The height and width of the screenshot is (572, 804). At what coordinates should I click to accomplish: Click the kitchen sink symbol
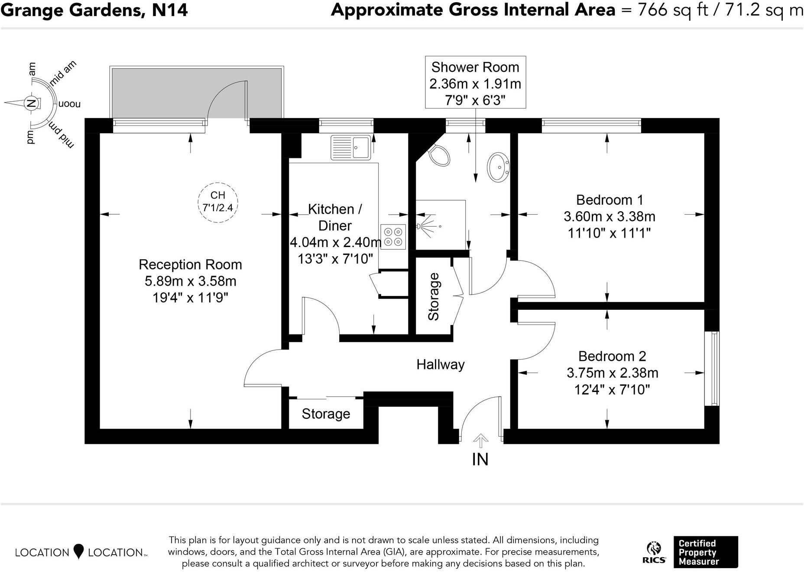(350, 148)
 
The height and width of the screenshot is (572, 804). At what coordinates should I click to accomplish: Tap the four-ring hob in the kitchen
(393, 237)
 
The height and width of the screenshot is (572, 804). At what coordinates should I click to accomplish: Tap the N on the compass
(31, 103)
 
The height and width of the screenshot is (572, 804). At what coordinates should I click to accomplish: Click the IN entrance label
(480, 460)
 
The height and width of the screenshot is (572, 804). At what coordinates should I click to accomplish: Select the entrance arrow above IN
(480, 442)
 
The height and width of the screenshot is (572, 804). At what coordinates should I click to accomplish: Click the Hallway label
(440, 364)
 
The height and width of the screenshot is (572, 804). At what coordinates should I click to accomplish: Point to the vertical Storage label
(434, 297)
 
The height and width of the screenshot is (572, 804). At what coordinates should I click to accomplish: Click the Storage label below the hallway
(326, 414)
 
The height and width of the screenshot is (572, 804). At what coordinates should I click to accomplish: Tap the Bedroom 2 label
(612, 356)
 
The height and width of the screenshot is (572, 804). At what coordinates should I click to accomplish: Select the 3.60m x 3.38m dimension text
(609, 216)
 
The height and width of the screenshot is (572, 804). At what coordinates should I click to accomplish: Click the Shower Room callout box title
(475, 67)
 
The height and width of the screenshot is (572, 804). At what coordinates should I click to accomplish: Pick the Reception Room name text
(190, 264)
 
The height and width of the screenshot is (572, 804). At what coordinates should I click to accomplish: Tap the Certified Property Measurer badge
(705, 552)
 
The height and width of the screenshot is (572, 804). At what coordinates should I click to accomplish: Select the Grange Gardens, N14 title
(94, 10)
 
